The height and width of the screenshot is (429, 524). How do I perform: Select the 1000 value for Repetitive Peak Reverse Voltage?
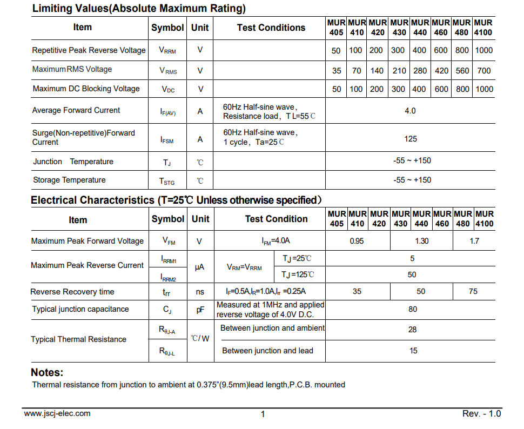click(x=484, y=50)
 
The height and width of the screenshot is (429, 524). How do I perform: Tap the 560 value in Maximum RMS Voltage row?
click(x=462, y=70)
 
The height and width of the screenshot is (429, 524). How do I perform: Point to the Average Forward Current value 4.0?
click(x=410, y=111)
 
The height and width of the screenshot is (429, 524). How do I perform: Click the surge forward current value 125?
click(x=410, y=139)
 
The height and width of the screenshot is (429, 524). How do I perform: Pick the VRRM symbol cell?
click(x=167, y=50)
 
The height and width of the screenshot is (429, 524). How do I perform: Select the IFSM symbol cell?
click(x=167, y=139)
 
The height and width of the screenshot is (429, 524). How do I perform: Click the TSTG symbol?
click(x=167, y=181)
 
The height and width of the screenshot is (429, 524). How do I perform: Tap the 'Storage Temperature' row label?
click(x=69, y=180)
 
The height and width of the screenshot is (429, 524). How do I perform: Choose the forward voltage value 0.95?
click(x=357, y=241)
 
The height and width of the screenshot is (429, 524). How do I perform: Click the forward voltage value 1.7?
click(x=474, y=241)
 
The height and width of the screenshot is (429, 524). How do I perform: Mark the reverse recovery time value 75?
click(x=473, y=291)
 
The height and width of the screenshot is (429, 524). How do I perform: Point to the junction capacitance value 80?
click(x=413, y=310)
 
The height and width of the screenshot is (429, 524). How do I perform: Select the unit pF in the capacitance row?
click(x=200, y=310)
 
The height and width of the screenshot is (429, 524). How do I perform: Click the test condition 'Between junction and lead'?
click(x=267, y=351)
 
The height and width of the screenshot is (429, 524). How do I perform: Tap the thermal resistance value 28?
click(x=413, y=329)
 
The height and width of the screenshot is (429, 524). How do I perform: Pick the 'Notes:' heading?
click(x=47, y=372)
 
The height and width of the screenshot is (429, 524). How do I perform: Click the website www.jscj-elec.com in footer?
click(x=57, y=413)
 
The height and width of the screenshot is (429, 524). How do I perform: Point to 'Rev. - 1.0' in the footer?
click(x=481, y=414)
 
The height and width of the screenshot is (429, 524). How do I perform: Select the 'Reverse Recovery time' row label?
click(x=72, y=292)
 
